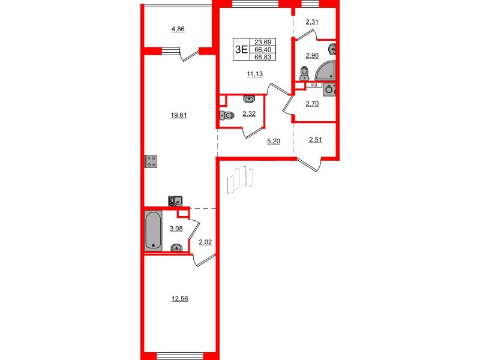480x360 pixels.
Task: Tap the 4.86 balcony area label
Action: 178,29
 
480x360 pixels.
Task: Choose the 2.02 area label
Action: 205,242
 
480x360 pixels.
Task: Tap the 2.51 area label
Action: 316,141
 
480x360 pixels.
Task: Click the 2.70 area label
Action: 313,104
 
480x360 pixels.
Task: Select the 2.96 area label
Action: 313,56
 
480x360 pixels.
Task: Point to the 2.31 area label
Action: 313,23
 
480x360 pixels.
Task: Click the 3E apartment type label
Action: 241,50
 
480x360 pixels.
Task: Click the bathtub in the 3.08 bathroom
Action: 153,230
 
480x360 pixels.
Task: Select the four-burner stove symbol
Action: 152,161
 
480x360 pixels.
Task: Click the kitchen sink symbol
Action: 175,201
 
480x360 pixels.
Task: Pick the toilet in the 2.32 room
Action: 226,116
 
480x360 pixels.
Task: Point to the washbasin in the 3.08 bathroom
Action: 176,246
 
